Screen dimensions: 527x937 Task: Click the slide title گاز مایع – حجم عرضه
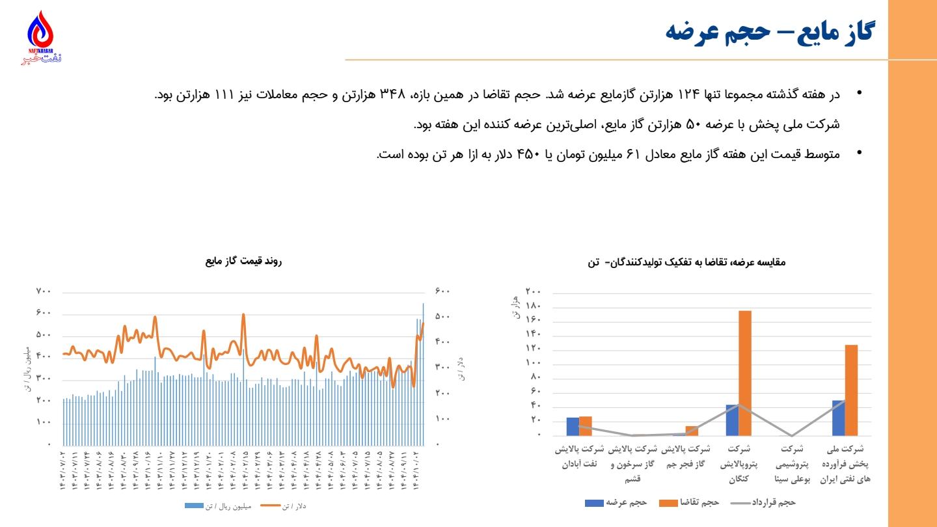[771, 31]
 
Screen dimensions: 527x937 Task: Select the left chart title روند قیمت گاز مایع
[244, 262]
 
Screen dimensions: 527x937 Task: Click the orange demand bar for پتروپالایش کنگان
[745, 373]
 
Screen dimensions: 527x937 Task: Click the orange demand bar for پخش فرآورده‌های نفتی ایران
[851, 390]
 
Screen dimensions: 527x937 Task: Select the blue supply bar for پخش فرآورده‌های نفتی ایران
[839, 418]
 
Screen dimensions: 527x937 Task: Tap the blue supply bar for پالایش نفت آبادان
[573, 426]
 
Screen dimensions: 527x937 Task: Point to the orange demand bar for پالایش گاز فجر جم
[692, 431]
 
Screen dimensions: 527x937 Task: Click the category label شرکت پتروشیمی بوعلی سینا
[792, 464]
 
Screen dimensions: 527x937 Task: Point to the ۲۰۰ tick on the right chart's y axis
[534, 291]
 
